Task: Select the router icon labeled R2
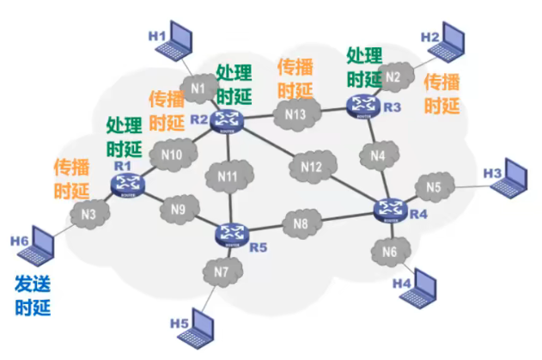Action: pyautogui.click(x=229, y=119)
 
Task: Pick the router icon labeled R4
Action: pyautogui.click(x=391, y=209)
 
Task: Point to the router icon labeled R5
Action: pyautogui.click(x=231, y=233)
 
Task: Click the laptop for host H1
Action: pyautogui.click(x=183, y=39)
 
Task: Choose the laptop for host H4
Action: pyautogui.click(x=429, y=283)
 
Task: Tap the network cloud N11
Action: pyautogui.click(x=227, y=177)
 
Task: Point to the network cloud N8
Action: pyautogui.click(x=300, y=225)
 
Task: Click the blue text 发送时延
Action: pyautogui.click(x=32, y=295)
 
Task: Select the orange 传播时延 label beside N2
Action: pyautogui.click(x=442, y=94)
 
